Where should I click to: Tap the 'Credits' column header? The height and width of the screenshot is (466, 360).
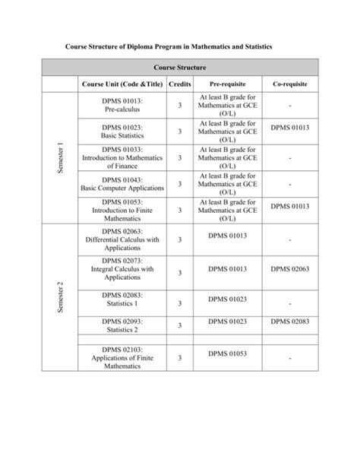[x=179, y=84]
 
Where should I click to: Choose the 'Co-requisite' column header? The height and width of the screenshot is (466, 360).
[x=291, y=84]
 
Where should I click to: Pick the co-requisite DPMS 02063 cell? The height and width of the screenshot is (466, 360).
[x=291, y=268]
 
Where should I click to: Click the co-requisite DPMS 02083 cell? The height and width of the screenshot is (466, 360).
[x=291, y=322]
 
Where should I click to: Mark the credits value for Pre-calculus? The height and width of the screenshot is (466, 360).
[x=180, y=106]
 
